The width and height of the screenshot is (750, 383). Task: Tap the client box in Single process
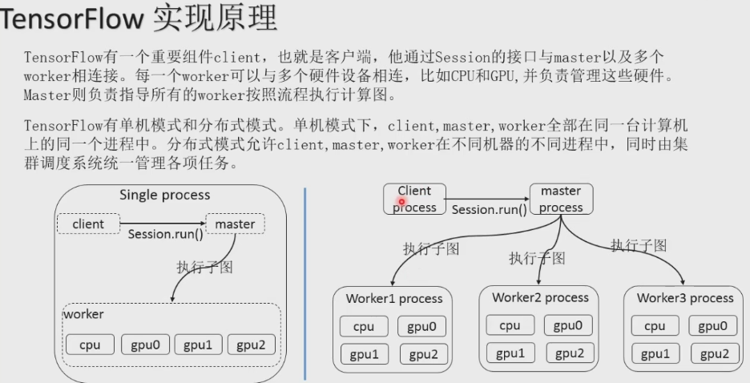[x=88, y=224]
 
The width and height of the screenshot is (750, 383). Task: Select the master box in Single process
[x=235, y=224]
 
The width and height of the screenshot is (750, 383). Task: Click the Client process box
[x=414, y=199]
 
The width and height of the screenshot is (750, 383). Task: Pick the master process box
[x=561, y=199]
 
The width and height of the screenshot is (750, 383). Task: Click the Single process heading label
[x=164, y=195]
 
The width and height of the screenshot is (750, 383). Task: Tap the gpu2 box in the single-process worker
[x=251, y=345]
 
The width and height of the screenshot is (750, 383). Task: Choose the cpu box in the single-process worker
[x=90, y=345]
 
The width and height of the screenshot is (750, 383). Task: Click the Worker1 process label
[x=394, y=299]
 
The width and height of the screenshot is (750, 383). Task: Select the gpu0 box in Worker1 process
[x=421, y=327]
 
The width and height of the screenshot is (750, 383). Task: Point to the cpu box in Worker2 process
[x=510, y=325]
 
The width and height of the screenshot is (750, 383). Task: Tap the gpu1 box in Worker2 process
[x=510, y=353]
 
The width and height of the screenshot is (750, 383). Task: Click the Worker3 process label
[x=685, y=298]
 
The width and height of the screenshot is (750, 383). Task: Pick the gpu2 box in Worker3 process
[x=712, y=354]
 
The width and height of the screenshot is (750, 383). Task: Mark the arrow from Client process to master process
[x=487, y=196]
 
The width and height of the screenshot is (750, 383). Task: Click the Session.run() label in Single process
[x=165, y=235]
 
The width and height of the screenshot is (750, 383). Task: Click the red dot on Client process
[x=401, y=203]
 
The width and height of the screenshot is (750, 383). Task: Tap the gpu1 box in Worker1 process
[x=364, y=354]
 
